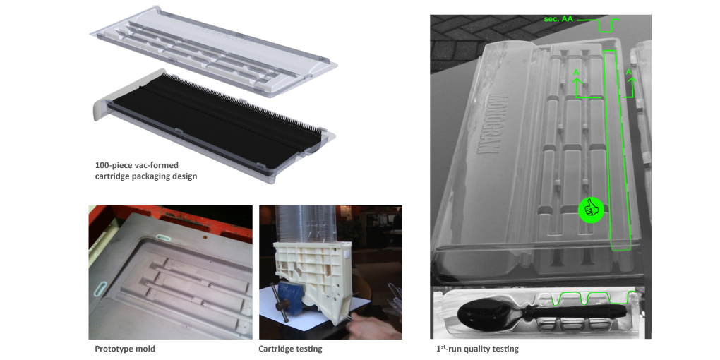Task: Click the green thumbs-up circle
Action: coord(591,210)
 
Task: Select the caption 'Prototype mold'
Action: coord(125,349)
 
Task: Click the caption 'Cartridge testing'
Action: coord(290,349)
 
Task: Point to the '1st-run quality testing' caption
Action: coord(477,349)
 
